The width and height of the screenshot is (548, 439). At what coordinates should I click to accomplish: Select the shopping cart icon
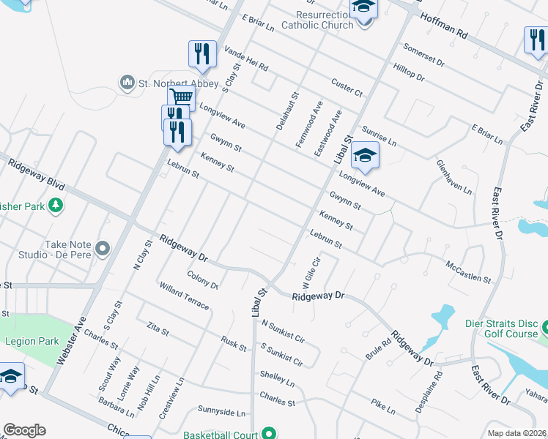tap(181, 97)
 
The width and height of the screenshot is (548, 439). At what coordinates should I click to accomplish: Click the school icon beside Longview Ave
tap(364, 155)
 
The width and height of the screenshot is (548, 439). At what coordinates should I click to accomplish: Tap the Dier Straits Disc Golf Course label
tap(502, 328)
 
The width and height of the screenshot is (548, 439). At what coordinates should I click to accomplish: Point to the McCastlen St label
tap(468, 271)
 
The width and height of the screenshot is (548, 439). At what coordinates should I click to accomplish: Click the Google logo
tap(24, 430)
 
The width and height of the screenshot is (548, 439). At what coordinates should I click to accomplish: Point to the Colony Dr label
tap(203, 281)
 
